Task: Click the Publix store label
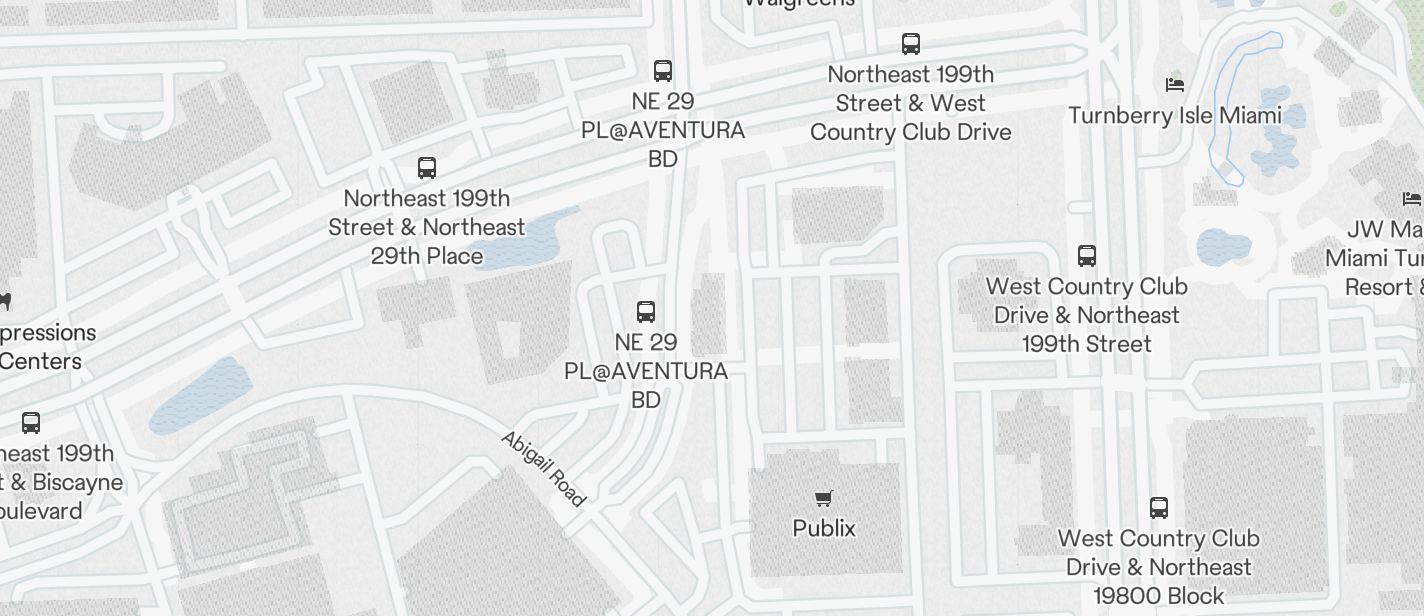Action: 824,528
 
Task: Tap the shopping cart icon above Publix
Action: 824,498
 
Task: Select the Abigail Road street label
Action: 542,469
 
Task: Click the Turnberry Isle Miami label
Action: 1175,115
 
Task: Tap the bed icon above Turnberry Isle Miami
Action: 1175,85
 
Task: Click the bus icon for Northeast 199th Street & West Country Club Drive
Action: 910,44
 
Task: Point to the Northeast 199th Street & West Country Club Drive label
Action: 910,103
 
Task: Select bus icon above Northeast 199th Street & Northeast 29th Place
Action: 427,167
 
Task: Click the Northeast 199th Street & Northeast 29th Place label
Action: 427,227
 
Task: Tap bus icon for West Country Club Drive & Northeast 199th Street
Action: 1087,256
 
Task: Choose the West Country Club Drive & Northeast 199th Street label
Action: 1087,315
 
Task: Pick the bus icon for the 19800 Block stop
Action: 1159,508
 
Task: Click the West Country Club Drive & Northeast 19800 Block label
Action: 1159,567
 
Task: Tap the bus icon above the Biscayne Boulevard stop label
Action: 31,423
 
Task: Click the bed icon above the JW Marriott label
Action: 1411,199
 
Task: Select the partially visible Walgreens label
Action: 799,4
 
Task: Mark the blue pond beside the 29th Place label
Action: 525,240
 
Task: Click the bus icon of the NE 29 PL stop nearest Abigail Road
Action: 646,311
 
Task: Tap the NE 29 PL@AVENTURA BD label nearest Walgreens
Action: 663,130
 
